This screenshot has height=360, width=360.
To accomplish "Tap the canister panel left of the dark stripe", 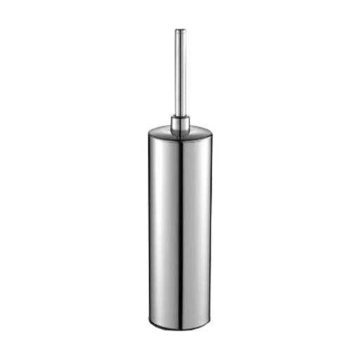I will click(x=163, y=225).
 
